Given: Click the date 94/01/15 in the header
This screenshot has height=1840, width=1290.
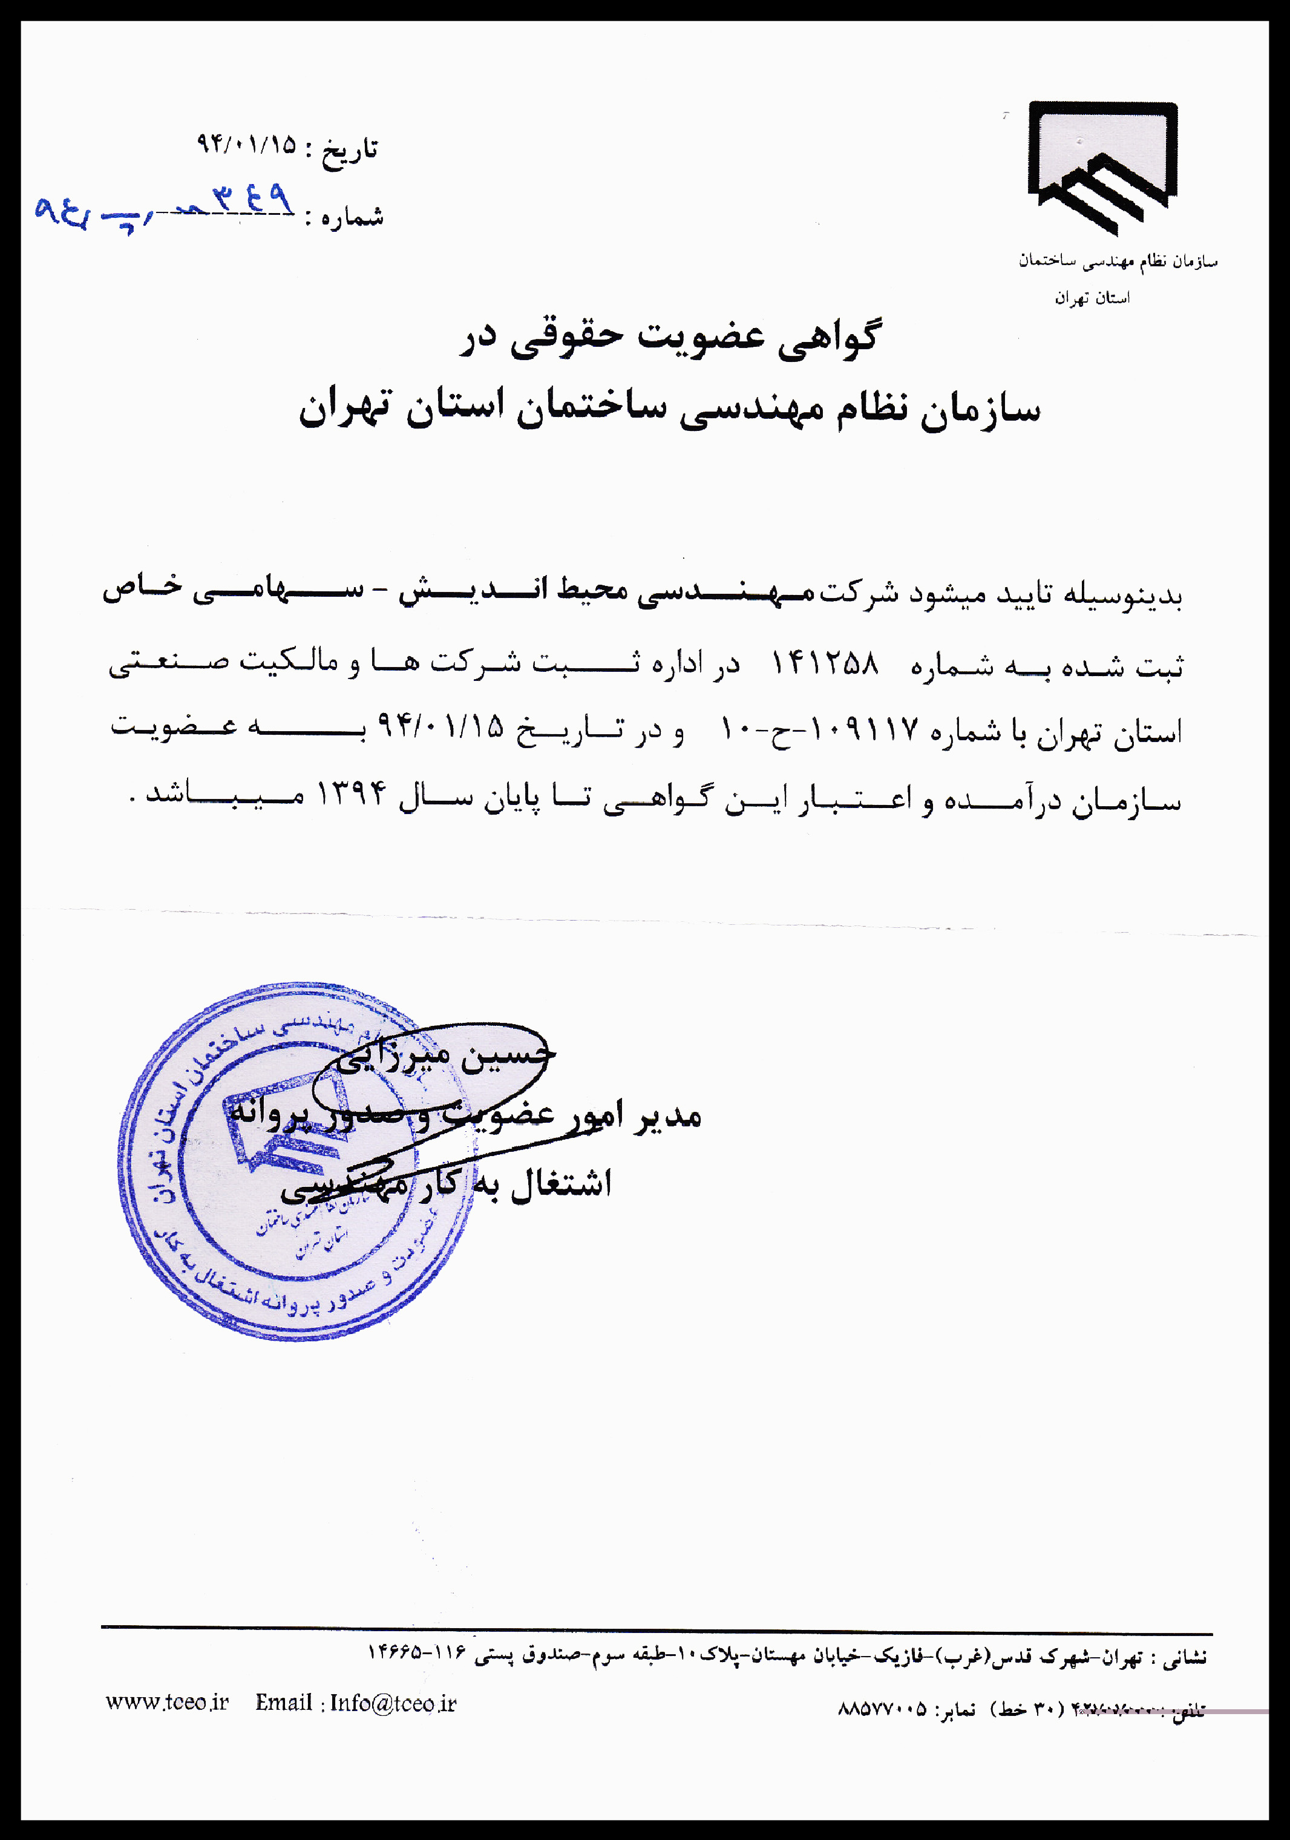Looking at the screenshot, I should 247,145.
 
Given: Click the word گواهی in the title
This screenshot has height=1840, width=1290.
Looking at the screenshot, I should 830,337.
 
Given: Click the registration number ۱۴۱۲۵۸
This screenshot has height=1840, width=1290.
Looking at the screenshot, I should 825,663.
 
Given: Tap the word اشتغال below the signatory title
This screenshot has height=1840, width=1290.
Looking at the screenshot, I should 561,1184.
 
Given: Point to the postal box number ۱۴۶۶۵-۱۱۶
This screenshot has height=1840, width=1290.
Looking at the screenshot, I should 417,1653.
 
